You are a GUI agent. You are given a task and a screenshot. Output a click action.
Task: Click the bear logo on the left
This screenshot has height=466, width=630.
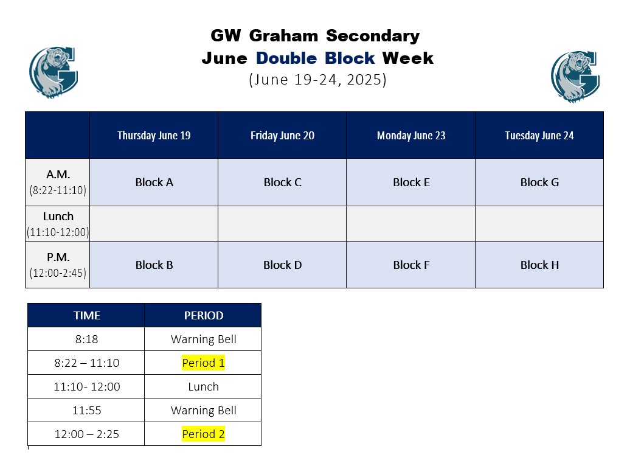coord(54,72)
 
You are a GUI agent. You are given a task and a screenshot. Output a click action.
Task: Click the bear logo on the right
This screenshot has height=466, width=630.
coord(575,77)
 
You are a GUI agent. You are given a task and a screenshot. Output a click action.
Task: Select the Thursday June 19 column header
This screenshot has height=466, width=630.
coord(154,135)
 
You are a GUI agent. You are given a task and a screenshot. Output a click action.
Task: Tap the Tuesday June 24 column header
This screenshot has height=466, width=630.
coord(539,135)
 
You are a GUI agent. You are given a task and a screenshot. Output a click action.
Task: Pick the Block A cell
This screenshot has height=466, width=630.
coord(154,182)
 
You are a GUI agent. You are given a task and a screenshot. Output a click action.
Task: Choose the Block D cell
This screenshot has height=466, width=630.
coord(282,265)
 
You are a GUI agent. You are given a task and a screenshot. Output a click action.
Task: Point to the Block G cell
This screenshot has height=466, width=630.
coord(539,182)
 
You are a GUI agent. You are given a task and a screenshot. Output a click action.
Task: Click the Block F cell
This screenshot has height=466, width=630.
coord(411,265)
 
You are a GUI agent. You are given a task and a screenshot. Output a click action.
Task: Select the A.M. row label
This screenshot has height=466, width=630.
coord(58,182)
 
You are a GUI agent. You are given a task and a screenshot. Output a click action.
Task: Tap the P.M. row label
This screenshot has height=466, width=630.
coord(58,265)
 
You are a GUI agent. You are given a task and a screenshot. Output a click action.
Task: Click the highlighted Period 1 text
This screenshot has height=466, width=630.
coord(203,363)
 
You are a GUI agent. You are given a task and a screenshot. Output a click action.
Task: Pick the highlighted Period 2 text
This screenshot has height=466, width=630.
coord(203,434)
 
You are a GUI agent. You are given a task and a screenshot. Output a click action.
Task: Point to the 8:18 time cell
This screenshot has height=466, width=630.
coord(86,339)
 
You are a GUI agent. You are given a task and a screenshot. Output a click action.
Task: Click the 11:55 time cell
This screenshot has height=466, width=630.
coord(86,410)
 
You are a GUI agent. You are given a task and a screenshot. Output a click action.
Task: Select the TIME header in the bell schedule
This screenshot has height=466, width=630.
coord(86,315)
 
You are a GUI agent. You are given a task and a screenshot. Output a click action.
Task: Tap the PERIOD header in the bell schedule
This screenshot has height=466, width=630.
coord(203,315)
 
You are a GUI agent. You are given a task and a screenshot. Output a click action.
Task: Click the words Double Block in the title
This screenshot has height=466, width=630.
coord(316,58)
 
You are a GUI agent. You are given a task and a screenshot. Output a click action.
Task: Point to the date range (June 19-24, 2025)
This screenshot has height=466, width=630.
coord(317,79)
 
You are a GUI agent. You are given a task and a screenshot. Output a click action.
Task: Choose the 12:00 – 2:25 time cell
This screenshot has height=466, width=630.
coord(86,434)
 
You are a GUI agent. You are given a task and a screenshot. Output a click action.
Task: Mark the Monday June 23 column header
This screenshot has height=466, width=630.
coord(411,135)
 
